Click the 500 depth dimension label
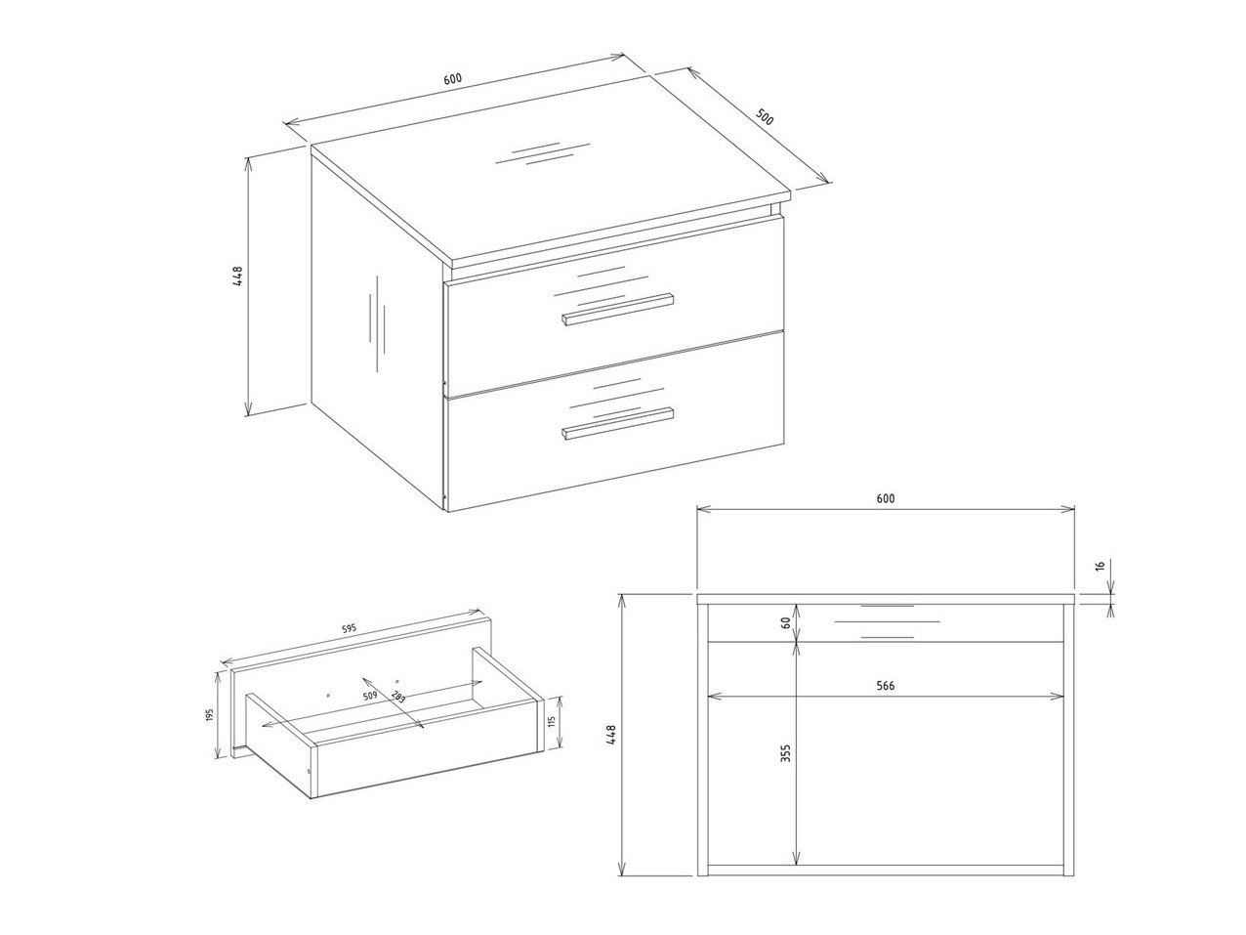pyautogui.click(x=765, y=117)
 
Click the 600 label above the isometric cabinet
pyautogui.click(x=452, y=78)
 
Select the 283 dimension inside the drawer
pyautogui.click(x=398, y=698)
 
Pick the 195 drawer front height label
pyautogui.click(x=209, y=715)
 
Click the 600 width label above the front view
pyautogui.click(x=885, y=498)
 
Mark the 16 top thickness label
pyautogui.click(x=1100, y=566)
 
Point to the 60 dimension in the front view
pyautogui.click(x=786, y=622)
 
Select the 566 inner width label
pyautogui.click(x=885, y=686)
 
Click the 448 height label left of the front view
pyautogui.click(x=611, y=735)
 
